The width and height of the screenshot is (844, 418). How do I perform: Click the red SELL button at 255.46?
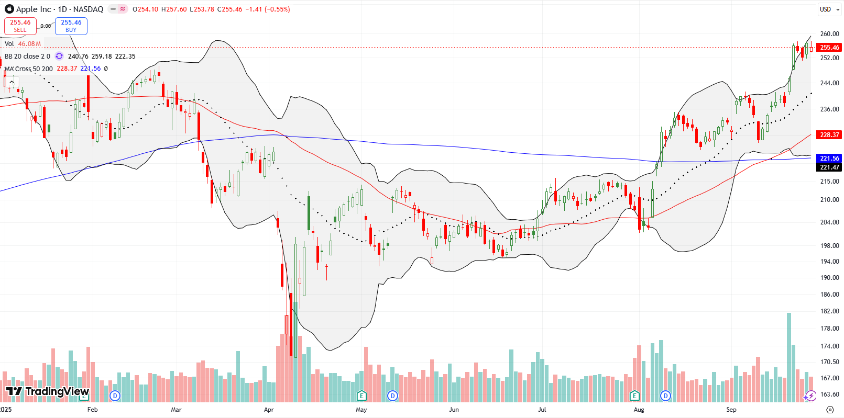(20, 26)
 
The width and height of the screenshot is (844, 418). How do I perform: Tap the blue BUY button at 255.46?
(71, 26)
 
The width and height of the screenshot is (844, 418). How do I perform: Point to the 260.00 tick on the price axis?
(829, 34)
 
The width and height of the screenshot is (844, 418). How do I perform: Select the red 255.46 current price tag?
(829, 48)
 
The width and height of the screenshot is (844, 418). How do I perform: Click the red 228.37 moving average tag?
(829, 135)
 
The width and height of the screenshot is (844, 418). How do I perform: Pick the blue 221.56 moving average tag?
(829, 158)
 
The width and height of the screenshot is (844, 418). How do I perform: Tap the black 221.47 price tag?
(829, 167)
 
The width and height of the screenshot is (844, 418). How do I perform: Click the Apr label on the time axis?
(269, 410)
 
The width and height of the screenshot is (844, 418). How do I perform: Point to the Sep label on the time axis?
(731, 410)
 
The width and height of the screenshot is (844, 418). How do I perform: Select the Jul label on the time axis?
(542, 410)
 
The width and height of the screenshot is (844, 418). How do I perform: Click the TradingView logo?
(48, 391)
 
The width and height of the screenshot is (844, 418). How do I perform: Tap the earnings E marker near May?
(361, 396)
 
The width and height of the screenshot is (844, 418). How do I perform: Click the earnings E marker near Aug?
(635, 396)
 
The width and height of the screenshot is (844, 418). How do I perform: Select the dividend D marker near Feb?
(115, 396)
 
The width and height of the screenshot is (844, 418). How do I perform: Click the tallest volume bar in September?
(789, 356)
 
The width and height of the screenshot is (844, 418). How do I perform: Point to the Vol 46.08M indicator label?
(23, 44)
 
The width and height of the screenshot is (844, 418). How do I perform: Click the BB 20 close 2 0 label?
(27, 57)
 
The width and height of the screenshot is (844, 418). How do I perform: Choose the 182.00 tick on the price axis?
(829, 311)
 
